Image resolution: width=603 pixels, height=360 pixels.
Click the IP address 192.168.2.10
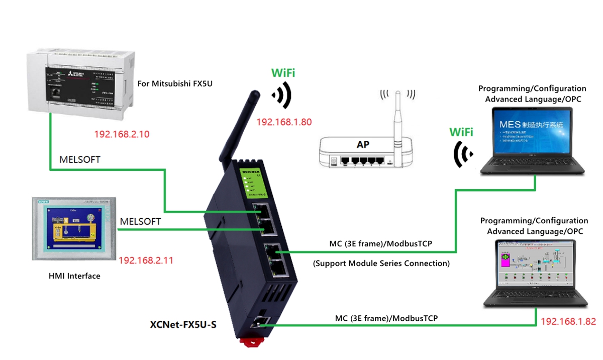coord(122,134)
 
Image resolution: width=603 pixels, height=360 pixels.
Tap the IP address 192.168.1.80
coord(283,122)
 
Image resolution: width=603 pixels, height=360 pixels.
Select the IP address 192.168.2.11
coord(146,260)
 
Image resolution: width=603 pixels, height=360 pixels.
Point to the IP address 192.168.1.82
coord(568,321)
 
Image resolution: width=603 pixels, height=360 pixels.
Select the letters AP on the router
coord(363,144)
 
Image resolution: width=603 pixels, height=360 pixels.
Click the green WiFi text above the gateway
coord(283,73)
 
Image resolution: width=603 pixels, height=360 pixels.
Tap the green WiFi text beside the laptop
coord(461,132)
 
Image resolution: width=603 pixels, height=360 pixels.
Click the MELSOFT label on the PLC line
coord(80,160)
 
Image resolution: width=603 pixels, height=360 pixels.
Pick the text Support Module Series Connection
coord(381,263)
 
